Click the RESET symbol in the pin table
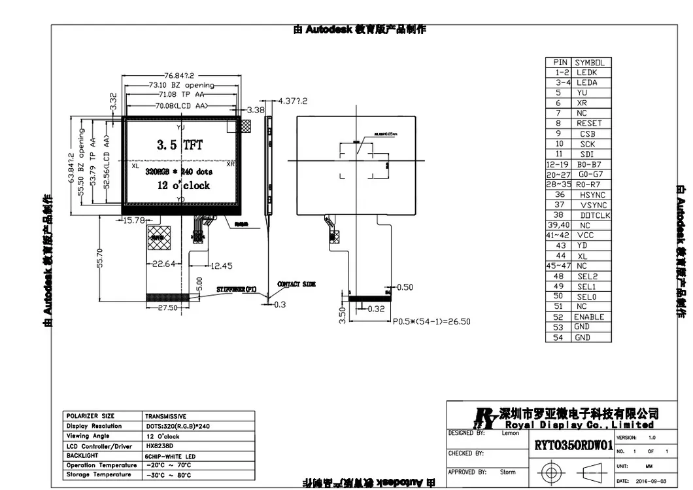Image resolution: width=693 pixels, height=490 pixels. pos(589,123)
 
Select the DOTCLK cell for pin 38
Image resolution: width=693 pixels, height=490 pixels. pos(595,215)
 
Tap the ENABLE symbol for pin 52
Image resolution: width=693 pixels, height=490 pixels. pos(588,317)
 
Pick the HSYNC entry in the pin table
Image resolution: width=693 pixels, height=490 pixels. pos(592,195)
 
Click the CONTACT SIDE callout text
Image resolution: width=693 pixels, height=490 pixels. pos(297,285)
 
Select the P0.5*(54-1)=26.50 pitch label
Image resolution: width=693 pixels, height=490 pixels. pos(431,321)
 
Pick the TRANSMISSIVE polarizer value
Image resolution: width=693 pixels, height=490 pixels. pos(166,416)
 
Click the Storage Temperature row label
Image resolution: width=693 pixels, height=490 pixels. pos(98,474)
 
